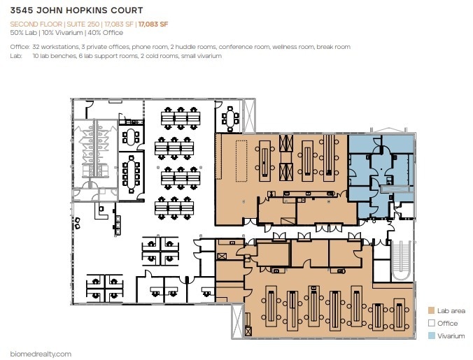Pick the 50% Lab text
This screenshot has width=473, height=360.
[x=23, y=33]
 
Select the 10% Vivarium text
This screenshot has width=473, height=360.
[x=62, y=33]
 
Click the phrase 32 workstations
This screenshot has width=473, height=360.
[x=57, y=47]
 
